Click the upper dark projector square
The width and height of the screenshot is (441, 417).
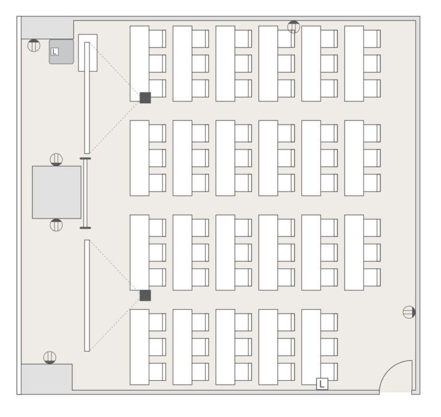pyautogui.click(x=145, y=98)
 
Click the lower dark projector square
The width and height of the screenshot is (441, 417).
pyautogui.click(x=145, y=295)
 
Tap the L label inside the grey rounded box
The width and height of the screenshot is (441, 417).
pyautogui.click(x=55, y=52)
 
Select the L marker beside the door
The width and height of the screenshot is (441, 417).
pyautogui.click(x=322, y=384)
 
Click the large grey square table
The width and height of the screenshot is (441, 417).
pyautogui.click(x=56, y=192)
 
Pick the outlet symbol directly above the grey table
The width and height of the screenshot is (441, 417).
pyautogui.click(x=56, y=159)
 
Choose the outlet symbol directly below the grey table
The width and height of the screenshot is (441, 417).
pyautogui.click(x=56, y=225)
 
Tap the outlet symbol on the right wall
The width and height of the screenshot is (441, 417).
pyautogui.click(x=409, y=312)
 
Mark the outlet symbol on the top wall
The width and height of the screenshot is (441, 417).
pyautogui.click(x=293, y=27)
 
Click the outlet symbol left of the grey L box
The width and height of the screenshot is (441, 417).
pyautogui.click(x=34, y=45)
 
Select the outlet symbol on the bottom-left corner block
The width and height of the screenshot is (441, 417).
pyautogui.click(x=50, y=358)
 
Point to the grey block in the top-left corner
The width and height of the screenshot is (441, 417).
pyautogui.click(x=48, y=28)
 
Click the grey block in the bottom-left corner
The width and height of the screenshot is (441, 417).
pyautogui.click(x=47, y=379)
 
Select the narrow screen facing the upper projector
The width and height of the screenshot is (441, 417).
pyautogui.click(x=87, y=98)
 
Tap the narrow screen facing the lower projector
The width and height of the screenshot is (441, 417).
pyautogui.click(x=87, y=295)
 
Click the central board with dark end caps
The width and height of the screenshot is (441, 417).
pyautogui.click(x=85, y=193)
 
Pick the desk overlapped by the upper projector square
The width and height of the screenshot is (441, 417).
pyautogui.click(x=140, y=64)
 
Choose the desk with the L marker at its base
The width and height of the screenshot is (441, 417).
pyautogui.click(x=311, y=347)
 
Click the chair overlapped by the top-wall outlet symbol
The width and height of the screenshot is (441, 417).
pyautogui.click(x=286, y=39)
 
